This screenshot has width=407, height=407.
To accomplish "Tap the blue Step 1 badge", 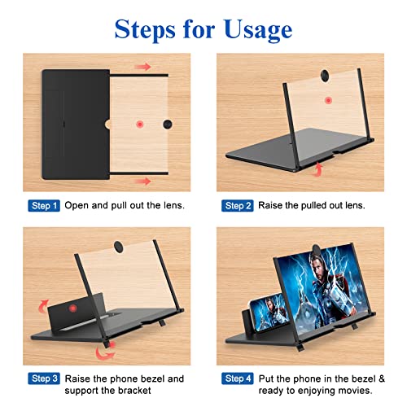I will coord(44,206).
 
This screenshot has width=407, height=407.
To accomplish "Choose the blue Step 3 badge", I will coord(44,379).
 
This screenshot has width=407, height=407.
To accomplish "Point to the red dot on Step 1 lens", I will coord(141,124).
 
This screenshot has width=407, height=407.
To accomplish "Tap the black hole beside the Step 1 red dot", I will coord(168,124).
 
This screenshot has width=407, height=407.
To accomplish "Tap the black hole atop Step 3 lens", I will coord(119,245).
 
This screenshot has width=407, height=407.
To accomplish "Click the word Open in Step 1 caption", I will coord(77,206).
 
